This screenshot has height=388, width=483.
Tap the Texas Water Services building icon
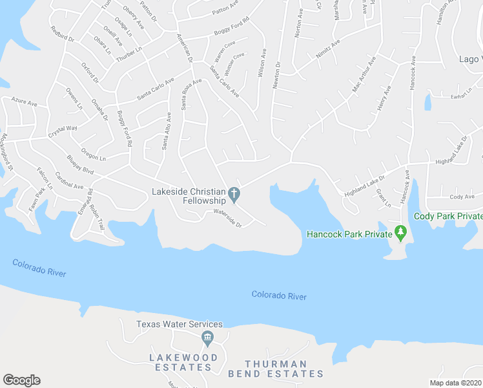click(207, 337)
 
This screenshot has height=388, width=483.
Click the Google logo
click(21, 380)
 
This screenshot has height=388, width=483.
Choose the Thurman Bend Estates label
click(284, 368)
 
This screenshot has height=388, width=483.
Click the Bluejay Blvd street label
click(80, 165)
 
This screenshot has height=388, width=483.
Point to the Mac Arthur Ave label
click(364, 76)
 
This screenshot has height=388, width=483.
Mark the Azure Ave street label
click(25, 102)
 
